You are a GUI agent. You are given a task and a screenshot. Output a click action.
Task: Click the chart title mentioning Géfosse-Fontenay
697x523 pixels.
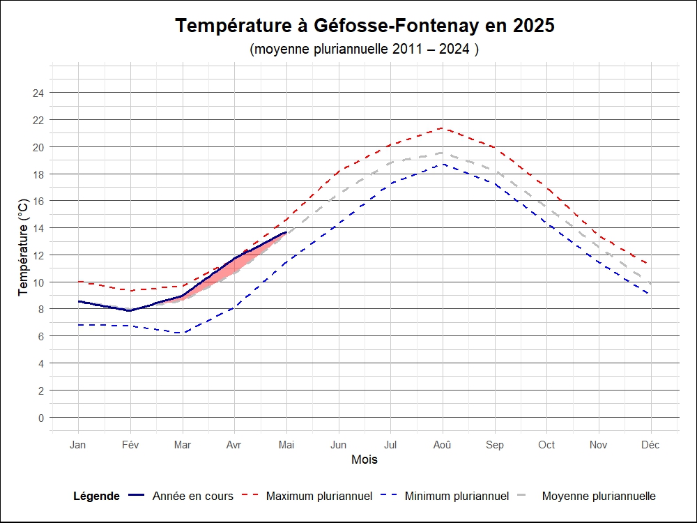click(x=365, y=26)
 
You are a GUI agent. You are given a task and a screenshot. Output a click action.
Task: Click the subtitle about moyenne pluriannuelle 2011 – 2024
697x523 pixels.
click(x=365, y=50)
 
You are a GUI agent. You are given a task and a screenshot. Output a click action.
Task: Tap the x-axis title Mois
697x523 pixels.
click(x=365, y=460)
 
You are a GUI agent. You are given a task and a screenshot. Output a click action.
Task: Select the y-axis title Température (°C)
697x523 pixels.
click(x=24, y=247)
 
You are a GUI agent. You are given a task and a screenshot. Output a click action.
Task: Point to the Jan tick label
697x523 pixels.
click(x=78, y=445)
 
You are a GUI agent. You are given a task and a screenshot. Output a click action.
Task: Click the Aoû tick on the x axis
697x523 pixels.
click(x=443, y=445)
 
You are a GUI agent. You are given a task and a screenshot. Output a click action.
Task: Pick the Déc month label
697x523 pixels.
click(x=651, y=445)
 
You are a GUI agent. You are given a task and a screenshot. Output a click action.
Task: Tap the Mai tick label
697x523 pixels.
click(x=286, y=445)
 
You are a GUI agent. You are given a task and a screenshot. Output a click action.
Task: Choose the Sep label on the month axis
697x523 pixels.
click(x=495, y=445)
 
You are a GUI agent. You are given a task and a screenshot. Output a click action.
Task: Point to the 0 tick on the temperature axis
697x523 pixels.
click(x=41, y=418)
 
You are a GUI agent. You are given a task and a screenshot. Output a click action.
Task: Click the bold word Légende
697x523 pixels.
click(x=96, y=497)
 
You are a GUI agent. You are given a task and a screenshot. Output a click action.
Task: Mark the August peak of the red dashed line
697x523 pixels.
click(x=443, y=128)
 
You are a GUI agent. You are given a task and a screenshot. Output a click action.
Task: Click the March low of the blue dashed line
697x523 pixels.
click(x=183, y=333)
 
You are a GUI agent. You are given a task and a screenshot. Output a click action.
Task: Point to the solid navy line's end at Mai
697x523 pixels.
click(x=286, y=232)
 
